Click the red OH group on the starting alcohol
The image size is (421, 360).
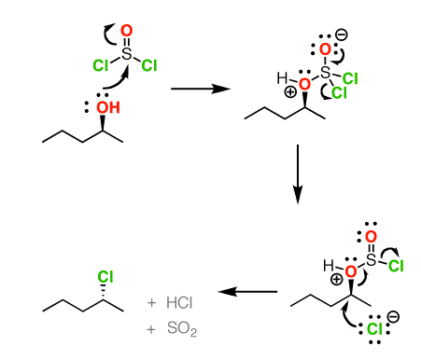(x=109, y=108)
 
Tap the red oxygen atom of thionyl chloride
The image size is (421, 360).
(x=127, y=30)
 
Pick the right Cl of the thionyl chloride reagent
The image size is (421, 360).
(x=147, y=66)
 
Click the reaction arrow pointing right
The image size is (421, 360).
(x=201, y=89)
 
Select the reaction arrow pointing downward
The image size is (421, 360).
(x=297, y=173)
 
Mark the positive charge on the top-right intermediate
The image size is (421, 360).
(x=290, y=92)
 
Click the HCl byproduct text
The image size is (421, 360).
(x=178, y=304)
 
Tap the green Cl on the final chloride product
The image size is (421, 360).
(x=105, y=277)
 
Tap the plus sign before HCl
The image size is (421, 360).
(x=151, y=304)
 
